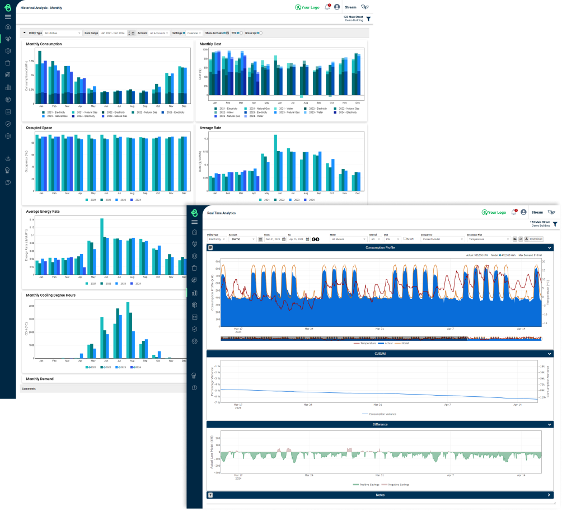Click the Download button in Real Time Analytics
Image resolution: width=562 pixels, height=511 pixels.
coord(533,238)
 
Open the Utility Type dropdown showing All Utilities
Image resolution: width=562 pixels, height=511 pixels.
coord(63,33)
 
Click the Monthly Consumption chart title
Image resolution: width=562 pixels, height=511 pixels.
coord(44,44)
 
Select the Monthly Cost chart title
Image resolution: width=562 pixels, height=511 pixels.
coord(211,44)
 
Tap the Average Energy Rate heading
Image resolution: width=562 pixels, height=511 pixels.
coord(43,212)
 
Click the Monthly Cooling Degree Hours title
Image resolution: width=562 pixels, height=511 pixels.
coord(50,295)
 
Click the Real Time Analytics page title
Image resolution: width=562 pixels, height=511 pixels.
coord(221,213)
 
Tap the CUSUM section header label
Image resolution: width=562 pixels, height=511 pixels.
coord(380,354)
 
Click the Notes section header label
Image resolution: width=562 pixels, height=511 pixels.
coord(380,495)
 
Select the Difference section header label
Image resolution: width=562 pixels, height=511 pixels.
coord(380,424)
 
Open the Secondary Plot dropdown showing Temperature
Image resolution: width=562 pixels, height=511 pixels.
coord(488,239)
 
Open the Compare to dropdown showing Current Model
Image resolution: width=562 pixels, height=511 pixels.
coord(443,239)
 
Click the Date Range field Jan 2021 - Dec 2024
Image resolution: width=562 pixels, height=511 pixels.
coord(114,33)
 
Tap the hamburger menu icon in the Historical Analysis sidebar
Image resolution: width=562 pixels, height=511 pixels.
coord(8,17)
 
